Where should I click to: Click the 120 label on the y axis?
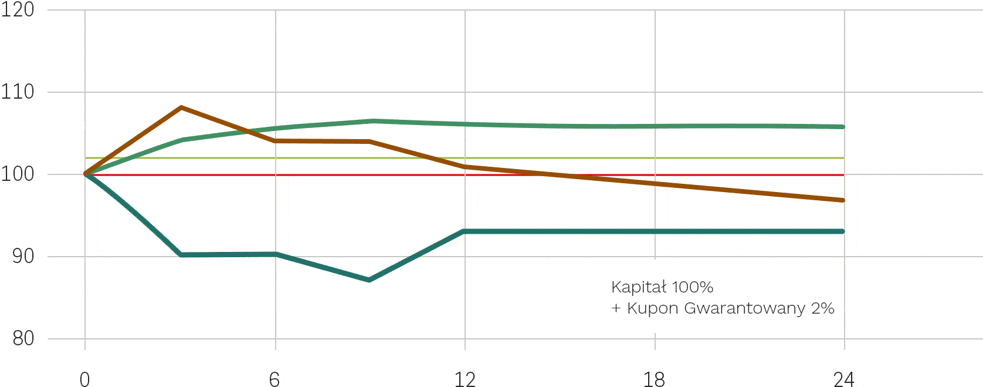[17, 9]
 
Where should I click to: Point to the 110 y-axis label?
[17, 92]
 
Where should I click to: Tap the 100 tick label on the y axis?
[17, 174]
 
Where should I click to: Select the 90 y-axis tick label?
[23, 256]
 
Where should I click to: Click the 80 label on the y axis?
[23, 338]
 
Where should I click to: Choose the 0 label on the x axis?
[85, 379]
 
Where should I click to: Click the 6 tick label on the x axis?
[274, 379]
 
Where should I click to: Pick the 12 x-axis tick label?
[465, 379]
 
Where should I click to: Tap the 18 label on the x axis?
[654, 379]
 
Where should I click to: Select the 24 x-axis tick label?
[844, 379]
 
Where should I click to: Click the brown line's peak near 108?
[181, 107]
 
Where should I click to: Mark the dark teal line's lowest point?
[369, 280]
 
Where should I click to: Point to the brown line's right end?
[843, 200]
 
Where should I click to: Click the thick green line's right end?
[843, 127]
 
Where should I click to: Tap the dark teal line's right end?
[843, 231]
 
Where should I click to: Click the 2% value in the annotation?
[822, 308]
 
